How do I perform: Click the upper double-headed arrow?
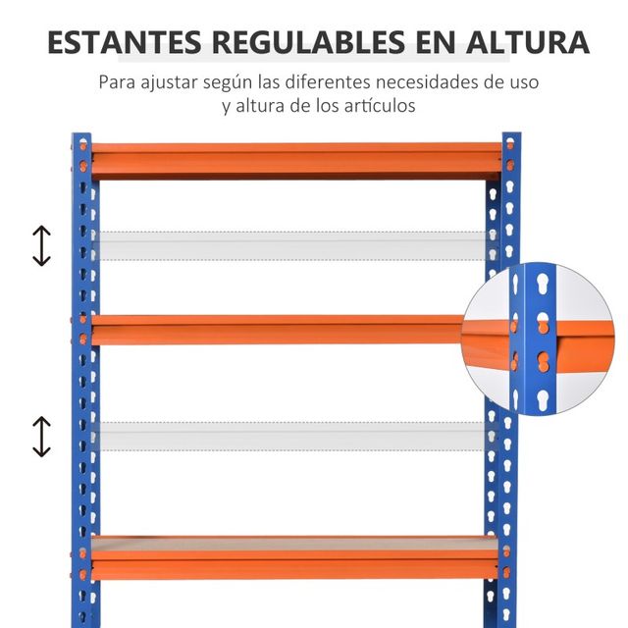(x=41, y=245)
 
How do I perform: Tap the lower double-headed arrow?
(x=41, y=437)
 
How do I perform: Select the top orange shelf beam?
(x=294, y=159)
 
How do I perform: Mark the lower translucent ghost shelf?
(x=289, y=436)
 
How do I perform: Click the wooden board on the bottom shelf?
(x=294, y=543)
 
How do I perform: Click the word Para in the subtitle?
(x=119, y=81)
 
